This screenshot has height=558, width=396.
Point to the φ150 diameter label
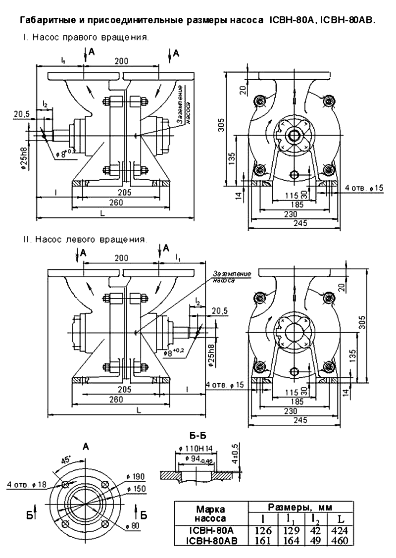coord(136,489)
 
